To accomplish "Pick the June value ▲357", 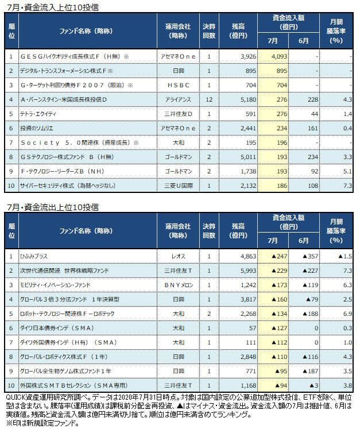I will [308, 256].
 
